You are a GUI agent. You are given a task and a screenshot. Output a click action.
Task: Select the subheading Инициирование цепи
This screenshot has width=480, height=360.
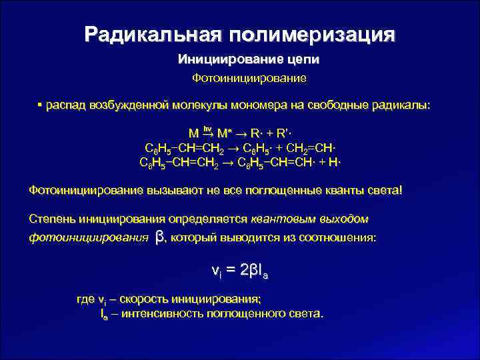249,60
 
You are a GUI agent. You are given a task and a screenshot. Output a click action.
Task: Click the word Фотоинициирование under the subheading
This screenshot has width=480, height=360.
249,79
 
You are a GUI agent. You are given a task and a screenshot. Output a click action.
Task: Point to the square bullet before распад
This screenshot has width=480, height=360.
40,105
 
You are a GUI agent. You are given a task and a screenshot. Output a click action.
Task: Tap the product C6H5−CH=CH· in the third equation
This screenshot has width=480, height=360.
271,161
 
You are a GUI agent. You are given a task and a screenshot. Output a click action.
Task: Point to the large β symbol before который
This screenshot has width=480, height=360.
159,237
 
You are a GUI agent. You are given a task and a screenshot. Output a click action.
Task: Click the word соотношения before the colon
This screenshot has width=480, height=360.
339,237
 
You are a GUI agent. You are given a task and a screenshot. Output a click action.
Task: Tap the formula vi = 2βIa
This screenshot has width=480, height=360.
239,271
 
